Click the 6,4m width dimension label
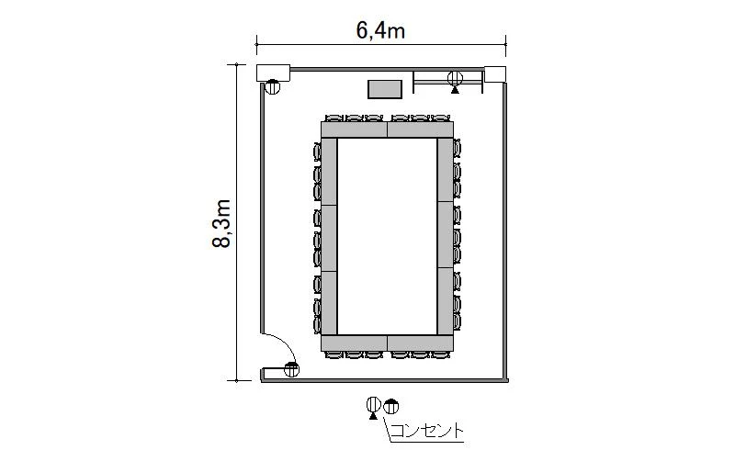click(380, 31)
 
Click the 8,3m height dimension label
click(221, 223)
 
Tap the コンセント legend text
click(426, 431)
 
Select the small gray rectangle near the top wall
click(385, 89)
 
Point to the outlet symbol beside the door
click(291, 370)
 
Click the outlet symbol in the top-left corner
click(272, 86)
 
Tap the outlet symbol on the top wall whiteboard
click(455, 80)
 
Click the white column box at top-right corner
click(495, 74)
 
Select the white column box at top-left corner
click(273, 73)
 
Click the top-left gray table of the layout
click(355, 129)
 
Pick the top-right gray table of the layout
click(421, 129)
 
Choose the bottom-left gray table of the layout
click(355, 343)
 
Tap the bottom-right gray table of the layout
click(421, 343)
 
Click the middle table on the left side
click(329, 238)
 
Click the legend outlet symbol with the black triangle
click(374, 408)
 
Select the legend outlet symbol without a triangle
click(391, 406)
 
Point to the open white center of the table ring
click(387, 236)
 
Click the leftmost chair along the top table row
click(334, 118)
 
